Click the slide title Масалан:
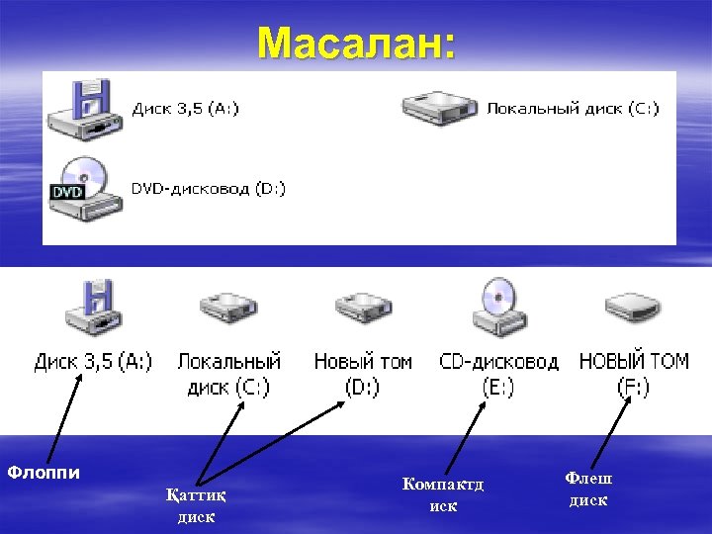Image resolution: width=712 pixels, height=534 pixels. coord(356,44)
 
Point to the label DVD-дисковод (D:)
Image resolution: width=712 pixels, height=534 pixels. coord(209,188)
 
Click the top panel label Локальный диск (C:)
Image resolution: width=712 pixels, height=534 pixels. coord(573,108)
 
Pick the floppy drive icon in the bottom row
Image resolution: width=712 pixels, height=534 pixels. coord(92,309)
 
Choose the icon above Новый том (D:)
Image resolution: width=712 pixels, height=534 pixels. coord(363,310)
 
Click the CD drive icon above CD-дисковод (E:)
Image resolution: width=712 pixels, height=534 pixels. coord(499,309)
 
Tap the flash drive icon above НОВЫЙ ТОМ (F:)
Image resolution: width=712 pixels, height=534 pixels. coord(634,310)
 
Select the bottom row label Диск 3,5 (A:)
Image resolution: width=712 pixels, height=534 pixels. coord(93,362)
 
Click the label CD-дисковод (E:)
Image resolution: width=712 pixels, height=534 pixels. coord(498,374)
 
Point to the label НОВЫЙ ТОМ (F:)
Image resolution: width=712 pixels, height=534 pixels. coord(634,374)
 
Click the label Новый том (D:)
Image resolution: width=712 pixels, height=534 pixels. coord(363,374)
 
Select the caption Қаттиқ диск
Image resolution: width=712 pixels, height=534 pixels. coord(195,506)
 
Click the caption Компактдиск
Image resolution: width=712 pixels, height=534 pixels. coord(443,493)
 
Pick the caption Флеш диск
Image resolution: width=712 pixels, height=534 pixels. coord(588,489)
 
